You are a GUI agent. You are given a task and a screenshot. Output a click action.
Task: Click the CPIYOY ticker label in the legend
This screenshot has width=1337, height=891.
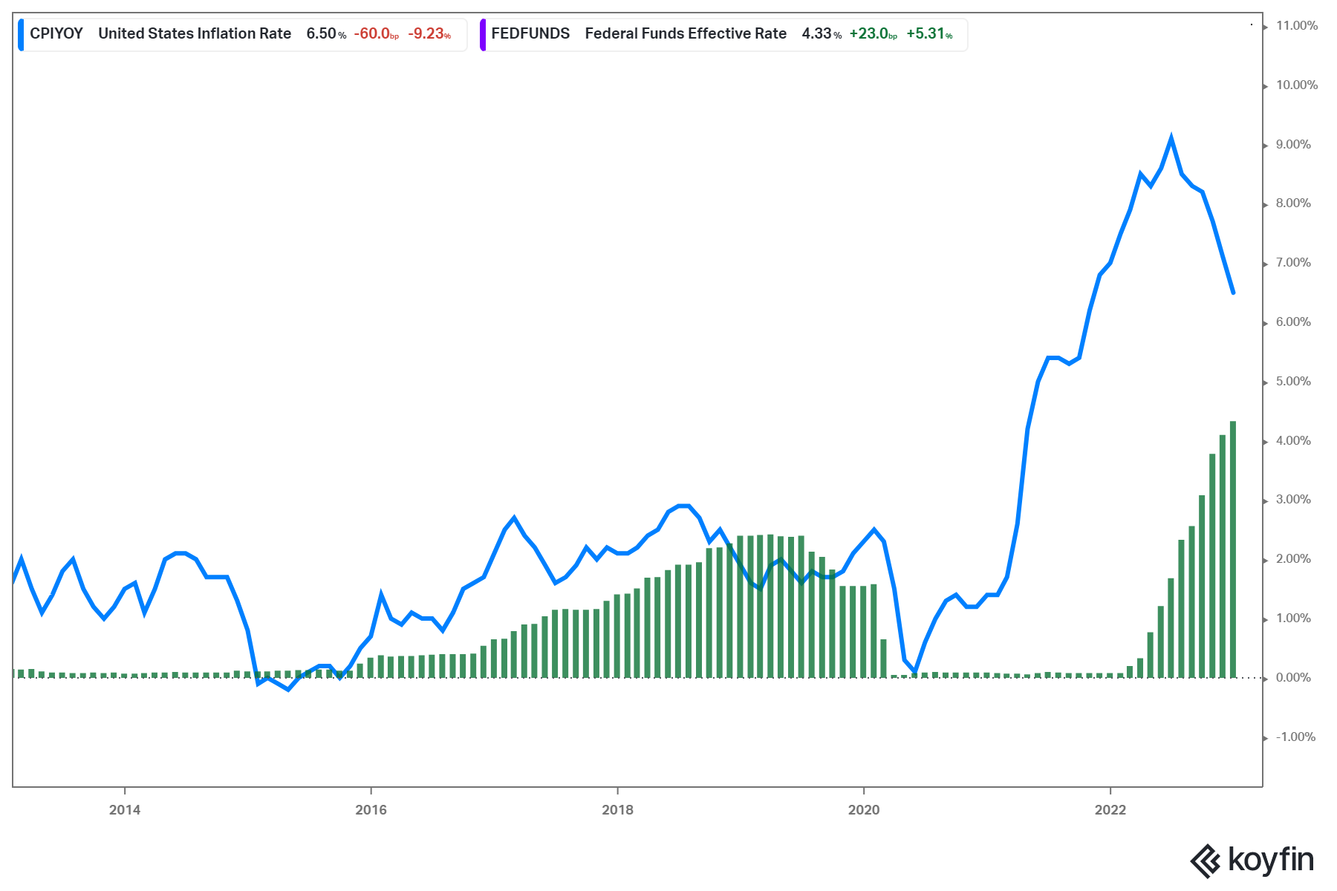[56, 34]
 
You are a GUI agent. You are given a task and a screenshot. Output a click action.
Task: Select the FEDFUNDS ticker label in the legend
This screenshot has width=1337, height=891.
[530, 34]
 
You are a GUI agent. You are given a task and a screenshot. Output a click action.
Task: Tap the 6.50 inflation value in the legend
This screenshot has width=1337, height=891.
[322, 34]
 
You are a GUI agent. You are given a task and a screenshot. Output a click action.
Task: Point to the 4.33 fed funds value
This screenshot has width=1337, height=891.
[817, 34]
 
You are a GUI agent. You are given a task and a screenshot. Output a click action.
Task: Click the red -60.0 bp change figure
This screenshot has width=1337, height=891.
[372, 34]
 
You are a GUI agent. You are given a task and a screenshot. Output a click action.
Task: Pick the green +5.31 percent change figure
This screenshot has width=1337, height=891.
[926, 34]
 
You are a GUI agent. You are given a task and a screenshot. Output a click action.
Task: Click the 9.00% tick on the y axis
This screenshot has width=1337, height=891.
[1293, 145]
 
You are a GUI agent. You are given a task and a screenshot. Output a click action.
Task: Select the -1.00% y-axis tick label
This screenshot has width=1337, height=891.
[1295, 737]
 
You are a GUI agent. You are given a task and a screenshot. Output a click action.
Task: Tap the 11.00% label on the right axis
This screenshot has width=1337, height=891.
[1296, 26]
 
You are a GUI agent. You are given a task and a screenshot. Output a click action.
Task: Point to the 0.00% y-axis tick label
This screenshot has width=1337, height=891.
[1293, 678]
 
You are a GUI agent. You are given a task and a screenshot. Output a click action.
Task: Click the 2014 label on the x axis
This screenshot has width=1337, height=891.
[125, 810]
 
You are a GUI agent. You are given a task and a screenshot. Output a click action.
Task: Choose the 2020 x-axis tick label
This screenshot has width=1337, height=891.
[864, 810]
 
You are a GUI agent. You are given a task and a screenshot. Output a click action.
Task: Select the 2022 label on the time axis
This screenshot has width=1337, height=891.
[1110, 810]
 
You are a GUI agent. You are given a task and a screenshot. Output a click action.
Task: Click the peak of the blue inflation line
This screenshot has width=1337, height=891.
[1171, 138]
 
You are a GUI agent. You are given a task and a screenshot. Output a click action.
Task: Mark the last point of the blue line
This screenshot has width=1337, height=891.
[1233, 293]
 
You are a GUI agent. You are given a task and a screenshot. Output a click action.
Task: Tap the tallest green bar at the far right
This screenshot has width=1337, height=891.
[1233, 549]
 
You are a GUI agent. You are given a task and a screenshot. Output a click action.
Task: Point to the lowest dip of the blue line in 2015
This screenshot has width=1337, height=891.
[288, 689]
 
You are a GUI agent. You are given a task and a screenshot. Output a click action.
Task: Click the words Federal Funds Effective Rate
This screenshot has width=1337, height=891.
[686, 34]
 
